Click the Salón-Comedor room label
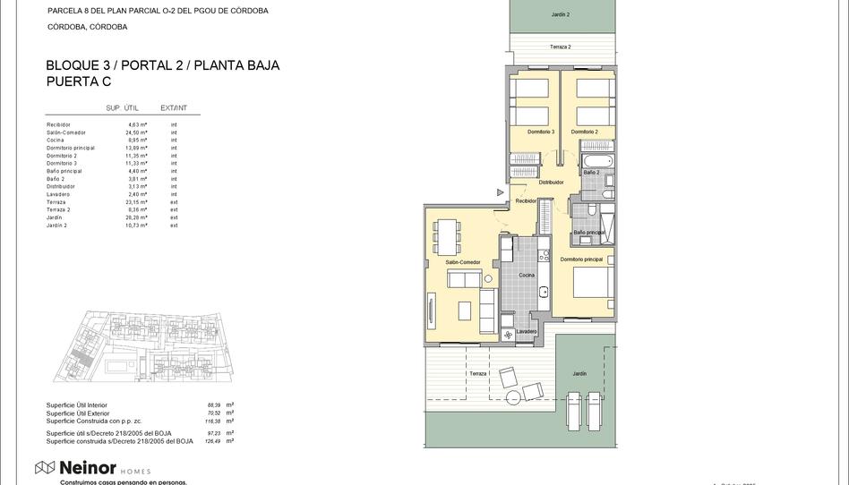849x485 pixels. (x=462, y=262)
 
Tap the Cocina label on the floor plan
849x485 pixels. (x=526, y=275)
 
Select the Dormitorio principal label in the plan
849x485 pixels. (x=581, y=259)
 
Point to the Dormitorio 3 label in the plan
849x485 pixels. (x=541, y=132)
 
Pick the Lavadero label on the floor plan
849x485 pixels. (x=527, y=331)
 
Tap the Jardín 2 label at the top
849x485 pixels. (x=560, y=15)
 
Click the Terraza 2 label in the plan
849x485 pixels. (x=560, y=47)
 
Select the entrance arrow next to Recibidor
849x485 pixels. (x=501, y=191)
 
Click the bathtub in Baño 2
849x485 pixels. (x=596, y=161)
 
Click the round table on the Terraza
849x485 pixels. (x=514, y=397)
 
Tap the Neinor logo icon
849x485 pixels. (x=45, y=466)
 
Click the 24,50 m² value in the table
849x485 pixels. (x=136, y=132)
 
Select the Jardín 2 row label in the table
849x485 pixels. (x=57, y=225)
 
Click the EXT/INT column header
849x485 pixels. (x=174, y=107)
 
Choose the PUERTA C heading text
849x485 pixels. (x=79, y=81)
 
